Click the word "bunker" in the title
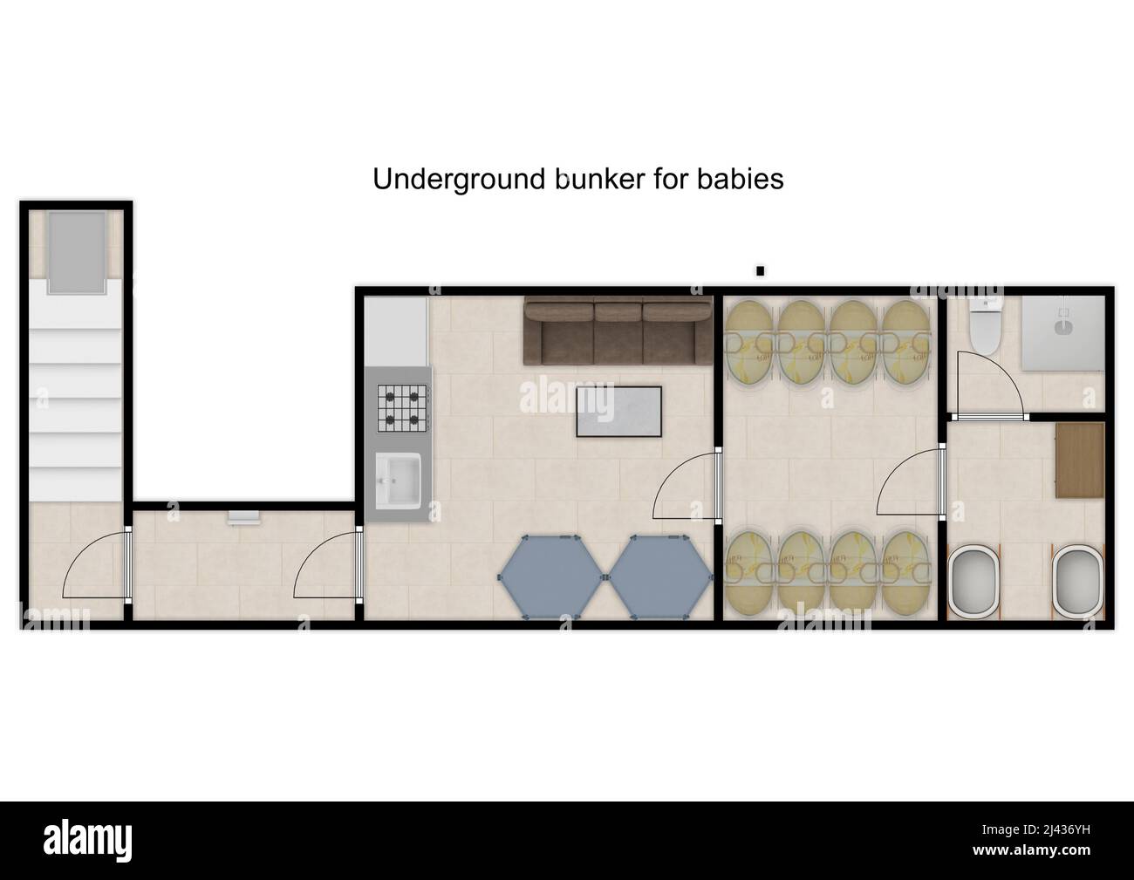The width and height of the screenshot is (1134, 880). [598, 179]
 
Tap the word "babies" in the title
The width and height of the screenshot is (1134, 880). [740, 179]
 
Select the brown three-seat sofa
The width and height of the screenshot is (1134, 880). [617, 332]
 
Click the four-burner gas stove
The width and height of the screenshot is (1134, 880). [403, 408]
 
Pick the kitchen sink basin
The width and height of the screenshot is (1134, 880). [399, 479]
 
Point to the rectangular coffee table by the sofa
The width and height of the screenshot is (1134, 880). [618, 411]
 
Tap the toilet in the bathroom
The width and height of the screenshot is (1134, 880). [985, 328]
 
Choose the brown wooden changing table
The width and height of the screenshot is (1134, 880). [1079, 460]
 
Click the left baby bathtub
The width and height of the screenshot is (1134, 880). [975, 582]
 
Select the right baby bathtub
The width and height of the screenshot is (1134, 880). [1079, 582]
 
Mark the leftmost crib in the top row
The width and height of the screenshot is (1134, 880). [749, 343]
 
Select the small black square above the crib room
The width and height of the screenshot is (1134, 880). [760, 271]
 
